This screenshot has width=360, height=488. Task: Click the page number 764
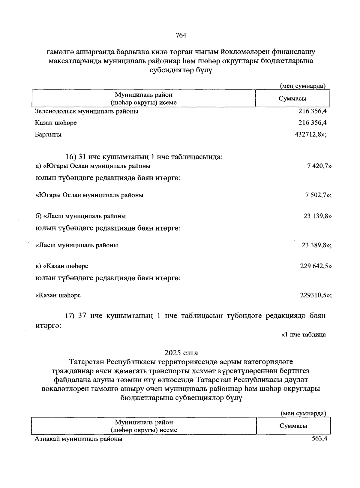[181, 35]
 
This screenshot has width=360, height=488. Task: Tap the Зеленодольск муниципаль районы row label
[87, 111]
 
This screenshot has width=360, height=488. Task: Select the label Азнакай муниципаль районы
[79, 439]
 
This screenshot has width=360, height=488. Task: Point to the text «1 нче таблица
[303, 334]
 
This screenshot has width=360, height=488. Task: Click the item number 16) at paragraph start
[71, 157]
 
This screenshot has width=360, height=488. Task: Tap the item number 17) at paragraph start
[71, 316]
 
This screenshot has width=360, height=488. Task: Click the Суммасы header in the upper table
[292, 98]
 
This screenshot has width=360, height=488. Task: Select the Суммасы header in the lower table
[293, 426]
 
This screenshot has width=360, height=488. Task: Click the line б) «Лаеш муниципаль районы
[81, 216]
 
